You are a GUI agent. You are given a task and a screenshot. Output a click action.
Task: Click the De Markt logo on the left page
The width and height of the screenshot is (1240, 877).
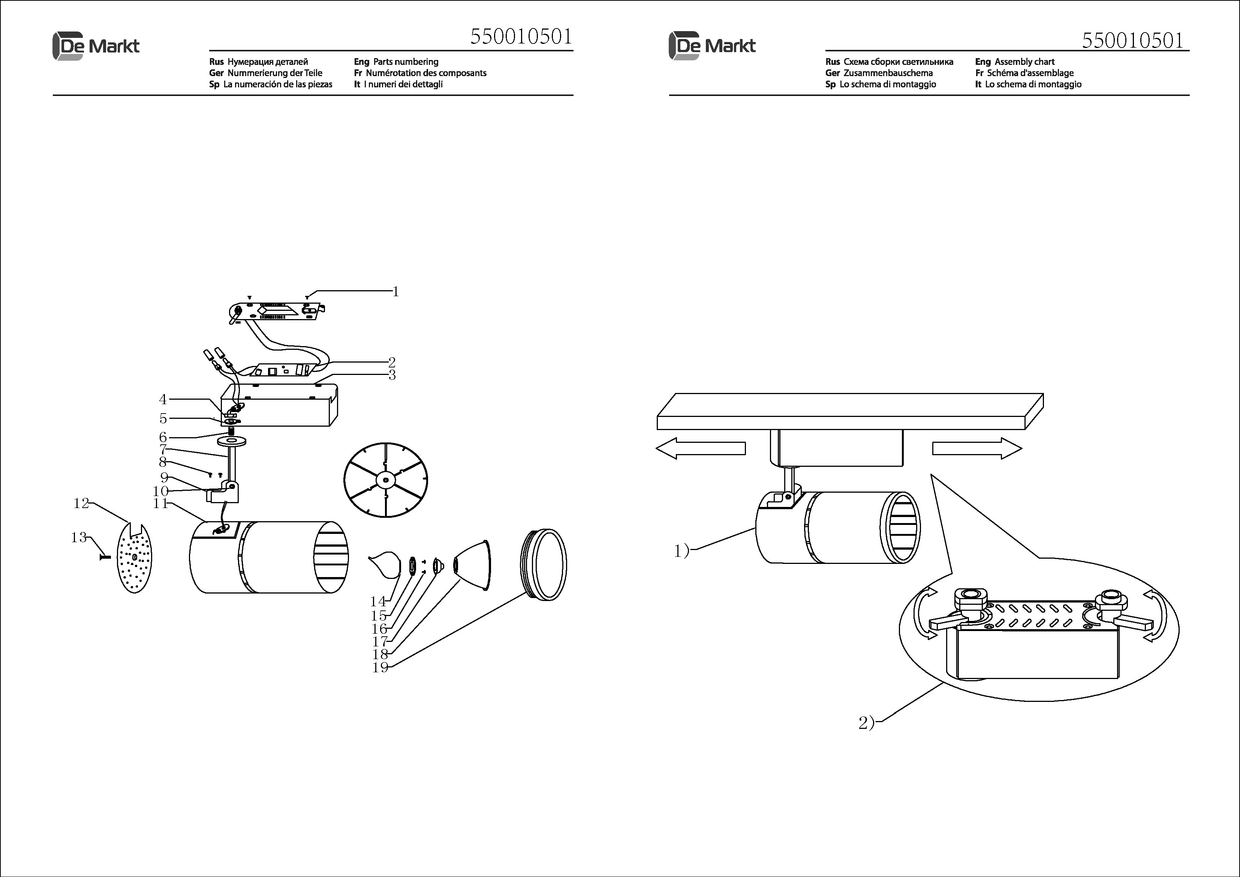(96, 46)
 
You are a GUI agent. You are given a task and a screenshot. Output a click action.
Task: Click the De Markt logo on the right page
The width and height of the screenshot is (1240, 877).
(712, 46)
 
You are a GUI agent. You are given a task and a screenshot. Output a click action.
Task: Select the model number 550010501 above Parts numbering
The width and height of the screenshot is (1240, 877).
(521, 37)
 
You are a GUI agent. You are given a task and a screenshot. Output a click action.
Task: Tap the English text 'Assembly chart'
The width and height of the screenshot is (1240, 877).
(1024, 61)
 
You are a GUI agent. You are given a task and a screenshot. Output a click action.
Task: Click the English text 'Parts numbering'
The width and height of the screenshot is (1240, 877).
(406, 61)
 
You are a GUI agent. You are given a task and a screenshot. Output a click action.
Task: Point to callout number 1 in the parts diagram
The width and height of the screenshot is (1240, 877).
(395, 292)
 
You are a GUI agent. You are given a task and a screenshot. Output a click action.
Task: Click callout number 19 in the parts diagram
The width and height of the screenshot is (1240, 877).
(380, 667)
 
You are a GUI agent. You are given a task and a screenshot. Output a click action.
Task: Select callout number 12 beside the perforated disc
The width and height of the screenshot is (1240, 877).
(81, 504)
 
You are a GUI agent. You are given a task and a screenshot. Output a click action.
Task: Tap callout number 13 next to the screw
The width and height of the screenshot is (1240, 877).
(79, 537)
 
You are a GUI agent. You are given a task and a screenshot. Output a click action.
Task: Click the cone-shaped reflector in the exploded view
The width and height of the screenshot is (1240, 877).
(473, 565)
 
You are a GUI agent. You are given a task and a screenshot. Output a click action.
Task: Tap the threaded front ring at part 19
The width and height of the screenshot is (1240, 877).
(544, 565)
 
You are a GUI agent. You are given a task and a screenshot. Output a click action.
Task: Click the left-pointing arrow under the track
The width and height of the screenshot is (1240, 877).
(701, 448)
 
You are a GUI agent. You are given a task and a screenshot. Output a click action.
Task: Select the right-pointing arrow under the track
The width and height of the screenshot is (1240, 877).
(977, 448)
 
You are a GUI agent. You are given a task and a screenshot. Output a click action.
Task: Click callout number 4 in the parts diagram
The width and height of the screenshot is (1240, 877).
(163, 399)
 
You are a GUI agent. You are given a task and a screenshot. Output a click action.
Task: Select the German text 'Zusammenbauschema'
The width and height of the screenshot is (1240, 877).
(888, 73)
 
